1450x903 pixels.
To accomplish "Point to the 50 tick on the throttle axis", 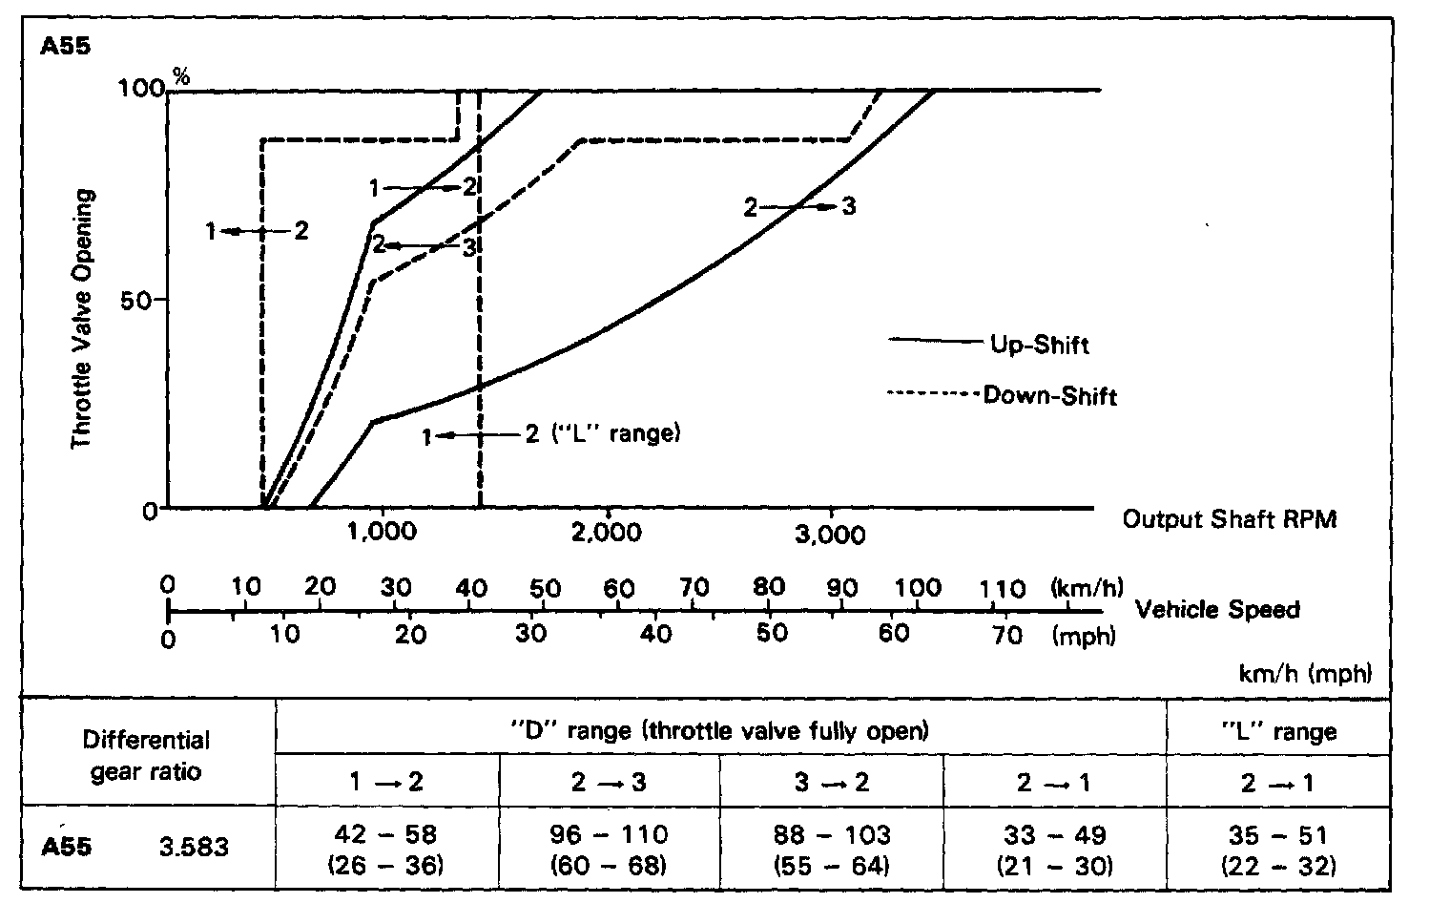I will (137, 299).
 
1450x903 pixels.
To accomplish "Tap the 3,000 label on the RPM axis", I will (830, 534).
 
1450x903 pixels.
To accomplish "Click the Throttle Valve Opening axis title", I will (84, 319).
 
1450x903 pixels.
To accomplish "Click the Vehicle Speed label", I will (1217, 609).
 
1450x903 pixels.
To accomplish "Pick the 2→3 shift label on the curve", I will (799, 206).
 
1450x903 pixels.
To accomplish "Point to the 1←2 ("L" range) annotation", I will (551, 434).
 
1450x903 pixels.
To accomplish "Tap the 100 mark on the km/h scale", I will (918, 587).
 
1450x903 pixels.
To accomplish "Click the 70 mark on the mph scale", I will (1007, 635).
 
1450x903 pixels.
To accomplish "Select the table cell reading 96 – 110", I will (609, 835).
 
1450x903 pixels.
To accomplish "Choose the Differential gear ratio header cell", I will (146, 755).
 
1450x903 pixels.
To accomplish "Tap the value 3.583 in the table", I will (194, 846).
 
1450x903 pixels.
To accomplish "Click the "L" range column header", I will (1278, 732).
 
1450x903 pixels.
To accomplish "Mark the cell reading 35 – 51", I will (1278, 835).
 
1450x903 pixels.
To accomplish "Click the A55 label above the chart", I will (66, 46).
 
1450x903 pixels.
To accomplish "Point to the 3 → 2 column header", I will (831, 783).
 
